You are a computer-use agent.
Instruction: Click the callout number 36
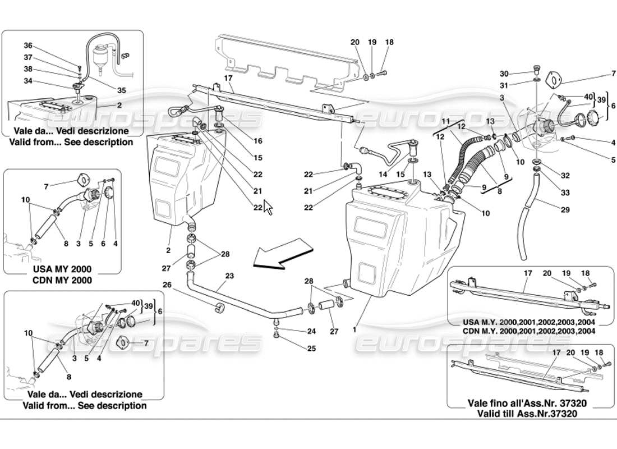point(28,45)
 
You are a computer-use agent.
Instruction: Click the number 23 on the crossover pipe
point(229,276)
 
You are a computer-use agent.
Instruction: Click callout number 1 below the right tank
point(354,330)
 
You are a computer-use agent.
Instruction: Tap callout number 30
point(504,74)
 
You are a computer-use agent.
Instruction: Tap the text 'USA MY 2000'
point(62,269)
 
